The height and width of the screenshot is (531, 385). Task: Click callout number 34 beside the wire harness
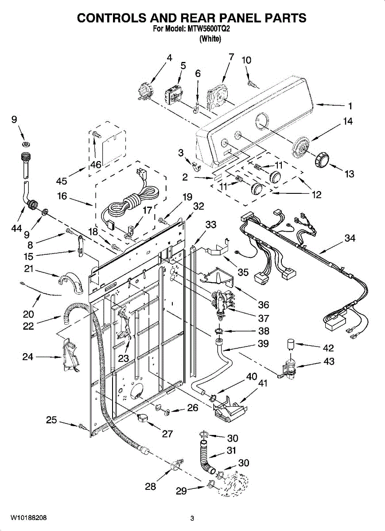350,238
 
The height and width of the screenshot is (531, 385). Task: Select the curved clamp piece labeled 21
70,283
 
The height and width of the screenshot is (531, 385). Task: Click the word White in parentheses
210,38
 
